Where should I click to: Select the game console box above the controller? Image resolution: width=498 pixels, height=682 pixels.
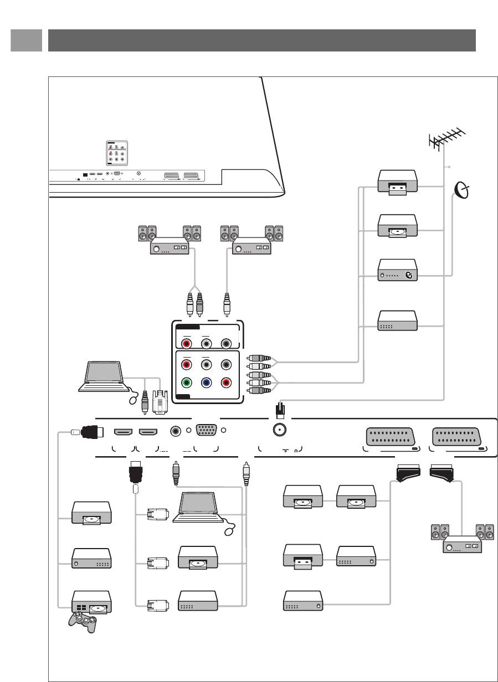click(91, 602)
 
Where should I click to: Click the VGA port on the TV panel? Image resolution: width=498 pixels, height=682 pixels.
click(206, 431)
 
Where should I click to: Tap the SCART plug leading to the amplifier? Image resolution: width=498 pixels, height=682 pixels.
click(440, 472)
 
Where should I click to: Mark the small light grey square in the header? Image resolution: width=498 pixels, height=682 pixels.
click(26, 40)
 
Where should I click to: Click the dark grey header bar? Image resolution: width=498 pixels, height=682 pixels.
click(261, 40)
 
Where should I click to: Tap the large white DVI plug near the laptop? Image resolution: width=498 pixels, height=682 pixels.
click(160, 401)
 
